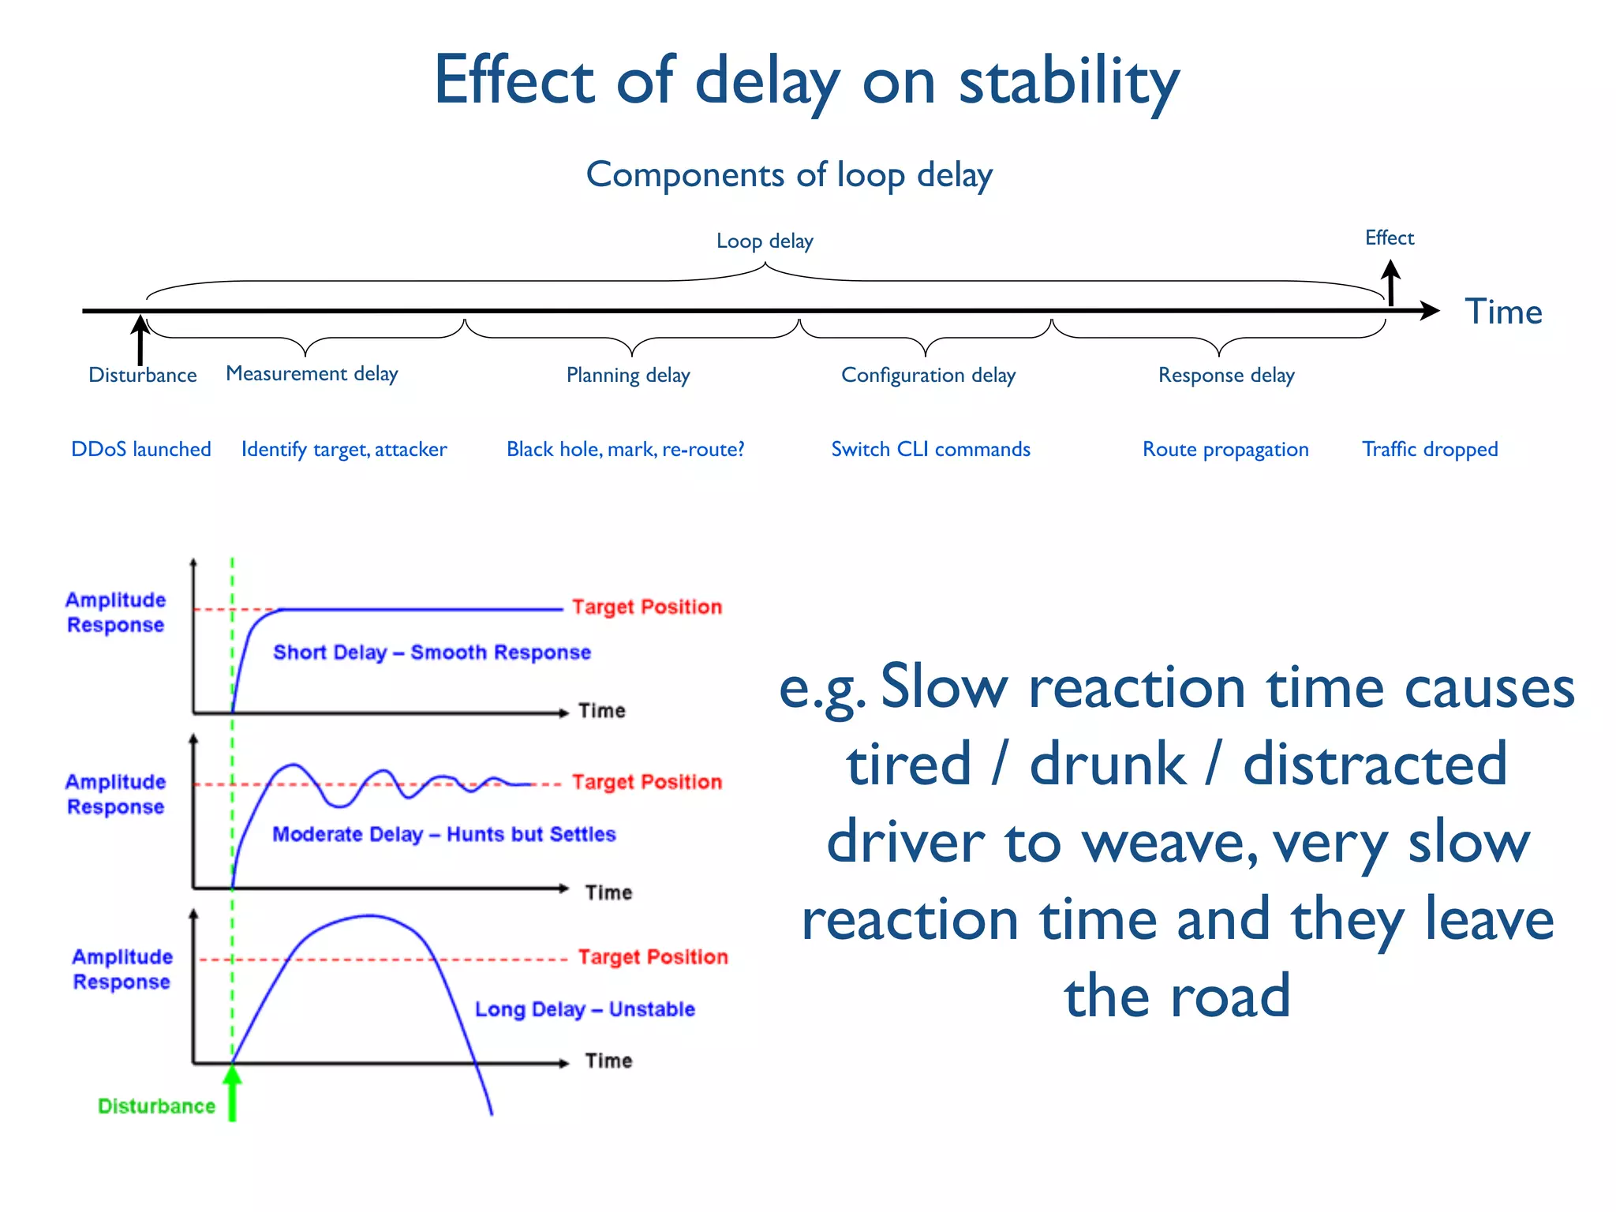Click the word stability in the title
(1068, 82)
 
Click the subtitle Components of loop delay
(789, 174)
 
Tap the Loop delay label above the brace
(765, 241)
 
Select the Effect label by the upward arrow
(1389, 238)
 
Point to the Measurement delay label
(312, 373)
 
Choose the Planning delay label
(628, 375)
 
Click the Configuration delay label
(928, 375)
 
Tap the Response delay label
(1226, 375)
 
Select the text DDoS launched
(141, 449)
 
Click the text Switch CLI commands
(930, 449)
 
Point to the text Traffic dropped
(1429, 449)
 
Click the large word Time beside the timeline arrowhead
(1503, 312)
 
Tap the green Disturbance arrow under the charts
(232, 1093)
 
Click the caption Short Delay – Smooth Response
(432, 653)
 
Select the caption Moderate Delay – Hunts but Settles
(443, 834)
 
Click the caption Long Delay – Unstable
(585, 1009)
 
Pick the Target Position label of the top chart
(647, 607)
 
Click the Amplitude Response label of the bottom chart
(122, 969)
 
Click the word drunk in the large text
(1107, 764)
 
